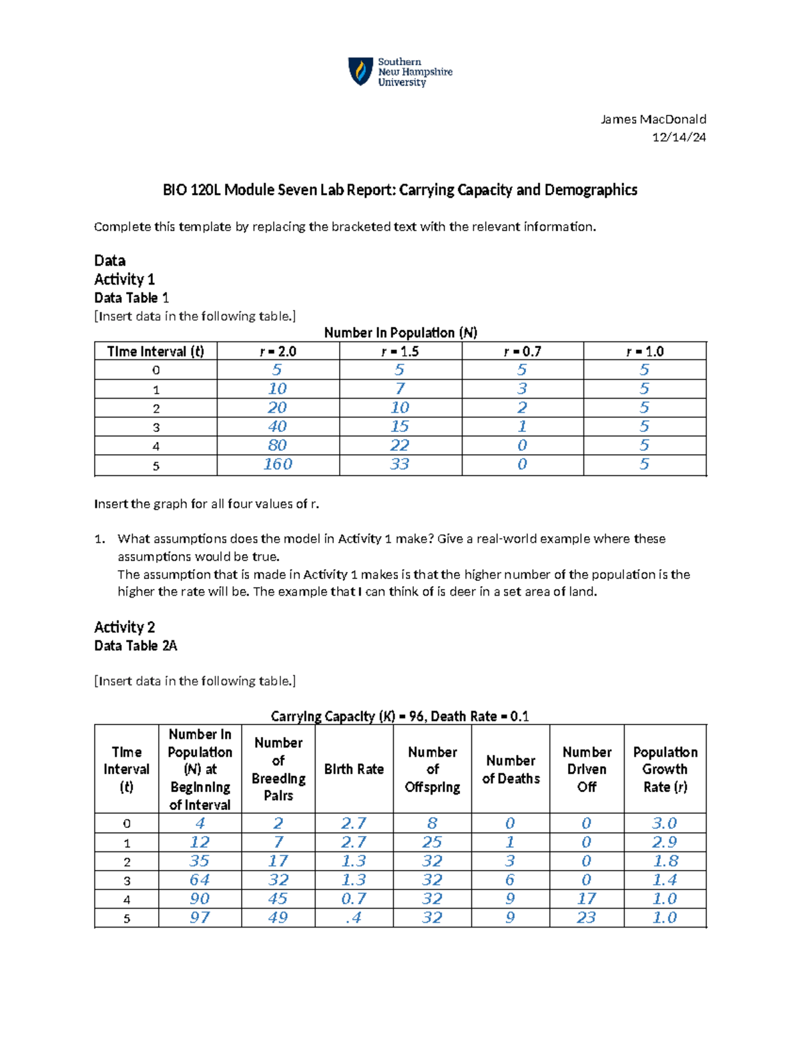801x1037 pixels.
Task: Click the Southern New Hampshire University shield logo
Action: click(360, 71)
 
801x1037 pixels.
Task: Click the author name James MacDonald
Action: click(653, 120)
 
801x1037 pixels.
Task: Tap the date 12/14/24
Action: click(679, 137)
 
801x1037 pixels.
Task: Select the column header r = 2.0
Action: click(278, 351)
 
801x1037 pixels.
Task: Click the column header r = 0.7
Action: click(522, 351)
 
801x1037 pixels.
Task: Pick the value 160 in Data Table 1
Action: click(278, 464)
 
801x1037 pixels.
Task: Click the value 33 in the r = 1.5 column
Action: click(400, 464)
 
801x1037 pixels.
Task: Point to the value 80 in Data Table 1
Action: click(278, 445)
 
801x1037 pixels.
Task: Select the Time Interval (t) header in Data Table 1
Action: click(156, 351)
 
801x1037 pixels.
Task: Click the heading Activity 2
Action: click(124, 627)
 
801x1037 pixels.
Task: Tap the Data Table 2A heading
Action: click(136, 646)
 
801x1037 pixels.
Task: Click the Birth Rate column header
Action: click(354, 769)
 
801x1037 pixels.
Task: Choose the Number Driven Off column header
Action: click(587, 769)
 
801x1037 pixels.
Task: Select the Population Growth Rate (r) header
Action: click(665, 769)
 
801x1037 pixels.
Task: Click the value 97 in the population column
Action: click(200, 917)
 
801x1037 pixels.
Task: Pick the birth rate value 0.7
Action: click(354, 899)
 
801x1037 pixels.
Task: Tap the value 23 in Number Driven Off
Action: click(586, 917)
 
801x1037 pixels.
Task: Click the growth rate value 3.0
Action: click(665, 823)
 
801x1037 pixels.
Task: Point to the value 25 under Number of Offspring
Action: click(432, 842)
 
